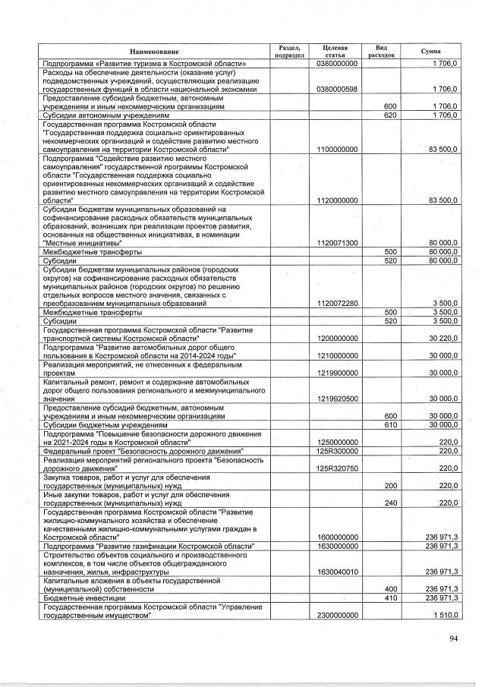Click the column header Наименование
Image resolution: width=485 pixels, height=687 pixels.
(x=153, y=51)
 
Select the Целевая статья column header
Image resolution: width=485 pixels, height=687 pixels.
(x=335, y=51)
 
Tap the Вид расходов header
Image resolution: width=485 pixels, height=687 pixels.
(x=380, y=51)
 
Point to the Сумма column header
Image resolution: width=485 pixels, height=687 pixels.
(x=430, y=51)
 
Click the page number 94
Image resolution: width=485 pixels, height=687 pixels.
(x=453, y=638)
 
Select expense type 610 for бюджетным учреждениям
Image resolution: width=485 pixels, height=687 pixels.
(x=391, y=424)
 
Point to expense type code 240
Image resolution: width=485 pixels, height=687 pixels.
(x=391, y=503)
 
